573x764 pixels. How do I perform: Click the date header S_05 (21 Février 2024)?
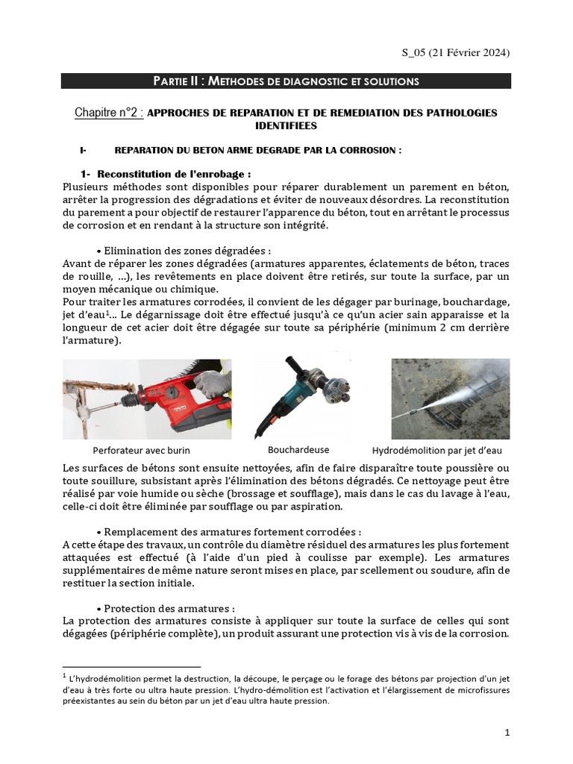[x=457, y=52]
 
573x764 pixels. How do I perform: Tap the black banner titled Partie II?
[x=286, y=81]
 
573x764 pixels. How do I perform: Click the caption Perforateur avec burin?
[x=142, y=451]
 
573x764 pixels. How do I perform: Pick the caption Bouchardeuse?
[x=298, y=450]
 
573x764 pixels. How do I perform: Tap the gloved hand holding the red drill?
[x=212, y=384]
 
